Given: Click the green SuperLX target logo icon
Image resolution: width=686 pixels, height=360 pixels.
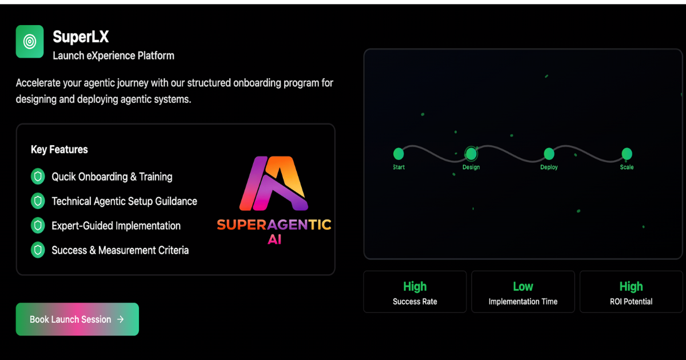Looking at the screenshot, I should coord(30,41).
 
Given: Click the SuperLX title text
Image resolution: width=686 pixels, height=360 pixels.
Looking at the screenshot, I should coord(81,37).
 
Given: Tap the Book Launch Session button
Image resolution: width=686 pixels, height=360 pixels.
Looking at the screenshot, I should coord(77,319).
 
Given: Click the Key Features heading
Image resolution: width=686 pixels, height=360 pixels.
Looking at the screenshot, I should coord(59,150).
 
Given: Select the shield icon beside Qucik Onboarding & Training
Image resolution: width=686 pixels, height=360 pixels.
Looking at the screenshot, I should coord(38,177).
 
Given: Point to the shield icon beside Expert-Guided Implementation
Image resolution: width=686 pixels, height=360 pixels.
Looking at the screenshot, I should coord(38,226).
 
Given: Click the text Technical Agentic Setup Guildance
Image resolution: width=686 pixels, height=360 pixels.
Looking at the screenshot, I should coord(124,201).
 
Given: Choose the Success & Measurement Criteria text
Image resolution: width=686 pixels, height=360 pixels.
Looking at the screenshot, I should coord(120,250).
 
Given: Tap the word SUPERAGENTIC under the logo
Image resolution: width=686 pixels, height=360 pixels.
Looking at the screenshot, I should coord(274,225).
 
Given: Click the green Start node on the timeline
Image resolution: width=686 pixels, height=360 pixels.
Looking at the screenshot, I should coord(398,154).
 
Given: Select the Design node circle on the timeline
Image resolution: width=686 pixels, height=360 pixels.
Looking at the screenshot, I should coord(471,153).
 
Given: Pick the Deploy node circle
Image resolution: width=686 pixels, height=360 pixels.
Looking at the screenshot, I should coord(549,154).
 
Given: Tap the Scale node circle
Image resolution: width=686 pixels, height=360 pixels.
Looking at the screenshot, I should coord(627,154).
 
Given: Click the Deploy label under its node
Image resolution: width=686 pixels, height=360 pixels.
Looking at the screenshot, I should coord(549,167).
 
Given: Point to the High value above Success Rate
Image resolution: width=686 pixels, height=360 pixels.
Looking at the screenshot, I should coord(415,286).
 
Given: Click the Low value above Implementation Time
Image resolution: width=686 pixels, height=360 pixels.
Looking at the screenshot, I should coord(523,286).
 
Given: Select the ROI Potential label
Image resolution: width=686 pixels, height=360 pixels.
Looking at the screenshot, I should coord(631,302).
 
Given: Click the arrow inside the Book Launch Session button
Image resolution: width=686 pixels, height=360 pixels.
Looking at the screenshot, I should coord(120,319).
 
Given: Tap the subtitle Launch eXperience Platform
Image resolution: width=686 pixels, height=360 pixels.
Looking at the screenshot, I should coord(113,55).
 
